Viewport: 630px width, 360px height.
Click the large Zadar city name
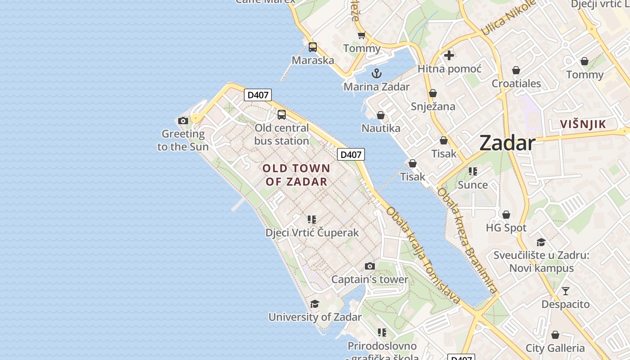tap(507, 143)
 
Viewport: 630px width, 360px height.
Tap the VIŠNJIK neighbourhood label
tap(583, 124)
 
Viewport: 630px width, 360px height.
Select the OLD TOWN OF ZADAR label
tap(296, 175)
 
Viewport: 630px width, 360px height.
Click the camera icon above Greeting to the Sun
tap(183, 121)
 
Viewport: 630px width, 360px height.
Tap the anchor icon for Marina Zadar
tap(376, 73)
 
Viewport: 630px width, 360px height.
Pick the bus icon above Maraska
tap(313, 47)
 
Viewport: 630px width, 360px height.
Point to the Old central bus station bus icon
tap(282, 115)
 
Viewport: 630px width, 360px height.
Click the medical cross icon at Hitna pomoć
tap(449, 55)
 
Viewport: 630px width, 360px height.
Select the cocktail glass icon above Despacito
tap(565, 291)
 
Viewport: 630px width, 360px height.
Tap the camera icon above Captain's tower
tap(370, 266)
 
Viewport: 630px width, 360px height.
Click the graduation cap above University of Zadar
tap(315, 304)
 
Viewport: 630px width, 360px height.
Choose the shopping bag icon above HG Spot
tap(506, 215)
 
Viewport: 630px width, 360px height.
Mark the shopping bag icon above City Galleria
tap(555, 335)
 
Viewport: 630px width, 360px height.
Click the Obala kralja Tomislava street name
tap(423, 255)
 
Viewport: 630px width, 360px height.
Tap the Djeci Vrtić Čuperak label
tap(312, 233)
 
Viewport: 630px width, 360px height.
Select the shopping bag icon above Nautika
tap(381, 116)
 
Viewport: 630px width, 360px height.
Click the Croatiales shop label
tap(516, 84)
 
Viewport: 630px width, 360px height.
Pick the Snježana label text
tap(433, 107)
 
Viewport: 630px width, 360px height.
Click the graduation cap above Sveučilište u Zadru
tap(541, 243)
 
